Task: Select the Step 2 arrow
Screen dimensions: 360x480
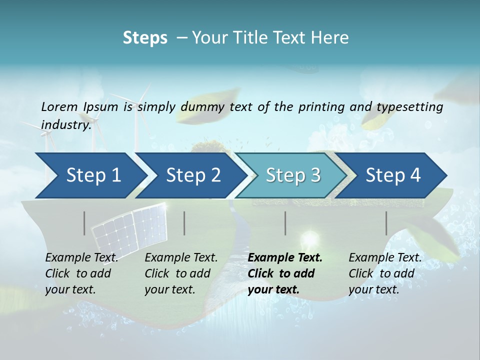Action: pos(192,175)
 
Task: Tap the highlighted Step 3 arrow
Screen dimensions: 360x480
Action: pos(292,175)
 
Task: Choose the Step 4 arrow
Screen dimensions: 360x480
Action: pos(392,175)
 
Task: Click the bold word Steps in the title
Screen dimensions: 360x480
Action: pos(145,38)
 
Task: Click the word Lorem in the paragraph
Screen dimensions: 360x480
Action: pos(59,106)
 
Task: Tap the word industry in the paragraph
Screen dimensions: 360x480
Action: pos(65,124)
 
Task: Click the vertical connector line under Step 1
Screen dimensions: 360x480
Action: pos(84,223)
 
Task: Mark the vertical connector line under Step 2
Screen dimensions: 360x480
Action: pos(184,223)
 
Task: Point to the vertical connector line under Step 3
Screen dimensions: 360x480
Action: pos(285,223)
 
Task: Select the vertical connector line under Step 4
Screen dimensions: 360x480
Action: pos(386,223)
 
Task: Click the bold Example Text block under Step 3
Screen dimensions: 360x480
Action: pos(285,273)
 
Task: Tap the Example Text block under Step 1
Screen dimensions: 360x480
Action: pos(81,273)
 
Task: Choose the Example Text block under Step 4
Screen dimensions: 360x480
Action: pos(385,273)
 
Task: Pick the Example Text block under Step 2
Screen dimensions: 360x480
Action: pos(181,273)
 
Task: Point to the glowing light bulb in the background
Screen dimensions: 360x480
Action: pos(309,238)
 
